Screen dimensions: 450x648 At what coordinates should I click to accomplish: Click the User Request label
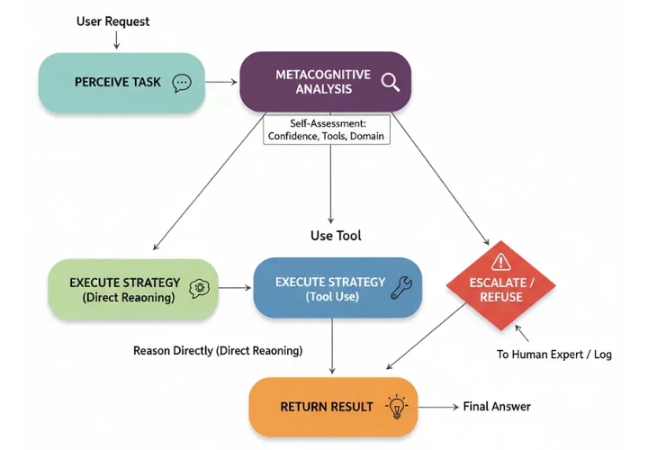pyautogui.click(x=113, y=21)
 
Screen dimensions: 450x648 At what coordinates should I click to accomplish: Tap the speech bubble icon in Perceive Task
pyautogui.click(x=182, y=83)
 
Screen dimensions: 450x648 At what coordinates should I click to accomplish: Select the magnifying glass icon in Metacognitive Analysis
pyautogui.click(x=390, y=82)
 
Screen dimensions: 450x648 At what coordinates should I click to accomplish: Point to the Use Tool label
pyautogui.click(x=336, y=236)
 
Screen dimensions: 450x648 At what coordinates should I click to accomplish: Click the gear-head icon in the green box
pyautogui.click(x=199, y=288)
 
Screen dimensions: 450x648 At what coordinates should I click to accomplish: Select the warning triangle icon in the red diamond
pyautogui.click(x=501, y=261)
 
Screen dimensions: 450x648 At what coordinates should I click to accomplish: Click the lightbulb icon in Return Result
pyautogui.click(x=395, y=407)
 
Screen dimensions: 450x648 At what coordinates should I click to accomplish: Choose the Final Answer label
pyautogui.click(x=497, y=407)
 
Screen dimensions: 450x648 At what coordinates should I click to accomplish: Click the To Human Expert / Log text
pyautogui.click(x=554, y=355)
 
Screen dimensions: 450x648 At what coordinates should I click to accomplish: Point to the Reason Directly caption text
pyautogui.click(x=218, y=350)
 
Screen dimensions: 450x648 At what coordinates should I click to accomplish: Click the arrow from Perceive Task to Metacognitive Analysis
pyautogui.click(x=221, y=83)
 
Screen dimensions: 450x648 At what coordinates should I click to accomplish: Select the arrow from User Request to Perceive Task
pyautogui.click(x=116, y=40)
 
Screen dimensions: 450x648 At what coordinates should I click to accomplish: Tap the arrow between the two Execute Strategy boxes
pyautogui.click(x=235, y=288)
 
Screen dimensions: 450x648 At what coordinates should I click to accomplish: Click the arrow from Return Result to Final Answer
pyautogui.click(x=437, y=407)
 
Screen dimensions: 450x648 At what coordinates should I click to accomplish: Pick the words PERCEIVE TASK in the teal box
pyautogui.click(x=118, y=83)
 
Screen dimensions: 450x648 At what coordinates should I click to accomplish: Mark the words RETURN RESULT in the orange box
pyautogui.click(x=327, y=407)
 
